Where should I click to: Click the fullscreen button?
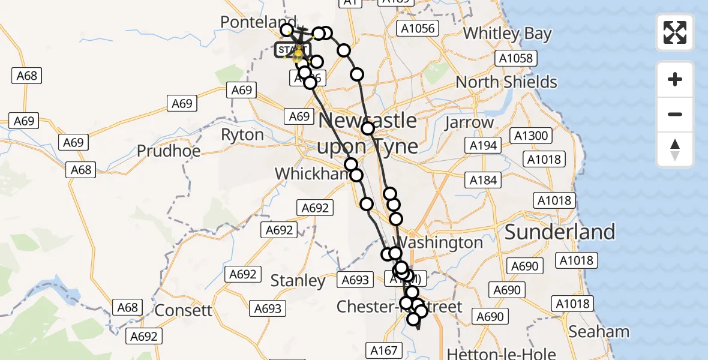[675, 32]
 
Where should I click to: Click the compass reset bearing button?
[675, 149]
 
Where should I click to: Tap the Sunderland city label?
[560, 232]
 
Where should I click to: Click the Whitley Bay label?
[507, 34]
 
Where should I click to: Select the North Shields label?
[506, 82]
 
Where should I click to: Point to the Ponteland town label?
[258, 23]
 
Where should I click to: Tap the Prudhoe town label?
[169, 151]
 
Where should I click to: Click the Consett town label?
[184, 310]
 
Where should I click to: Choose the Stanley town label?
[298, 280]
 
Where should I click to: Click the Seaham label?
[599, 331]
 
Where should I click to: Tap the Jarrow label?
[469, 123]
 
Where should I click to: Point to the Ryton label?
[242, 135]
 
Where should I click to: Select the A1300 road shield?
[532, 136]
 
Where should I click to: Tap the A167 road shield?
[384, 350]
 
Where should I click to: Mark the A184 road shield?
[484, 179]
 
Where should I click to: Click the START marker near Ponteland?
[292, 50]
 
